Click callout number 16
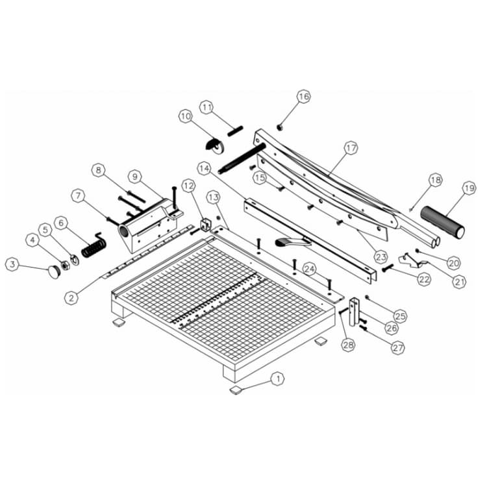pyautogui.click(x=303, y=96)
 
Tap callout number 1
pyautogui.click(x=278, y=379)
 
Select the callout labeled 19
pyautogui.click(x=469, y=188)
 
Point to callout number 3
pyautogui.click(x=12, y=265)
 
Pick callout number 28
pyautogui.click(x=348, y=344)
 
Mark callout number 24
pyautogui.click(x=310, y=269)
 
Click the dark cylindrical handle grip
pyautogui.click(x=443, y=222)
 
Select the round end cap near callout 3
pyautogui.click(x=54, y=272)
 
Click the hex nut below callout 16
pyautogui.click(x=279, y=127)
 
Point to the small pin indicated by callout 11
pyautogui.click(x=235, y=131)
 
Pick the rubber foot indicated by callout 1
pyautogui.click(x=237, y=390)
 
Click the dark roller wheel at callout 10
pyautogui.click(x=215, y=145)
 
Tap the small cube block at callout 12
pyautogui.click(x=206, y=224)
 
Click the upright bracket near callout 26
pyautogui.click(x=355, y=312)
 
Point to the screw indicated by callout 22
pyautogui.click(x=387, y=268)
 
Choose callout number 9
pyautogui.click(x=135, y=177)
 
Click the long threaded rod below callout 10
pyautogui.click(x=242, y=158)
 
